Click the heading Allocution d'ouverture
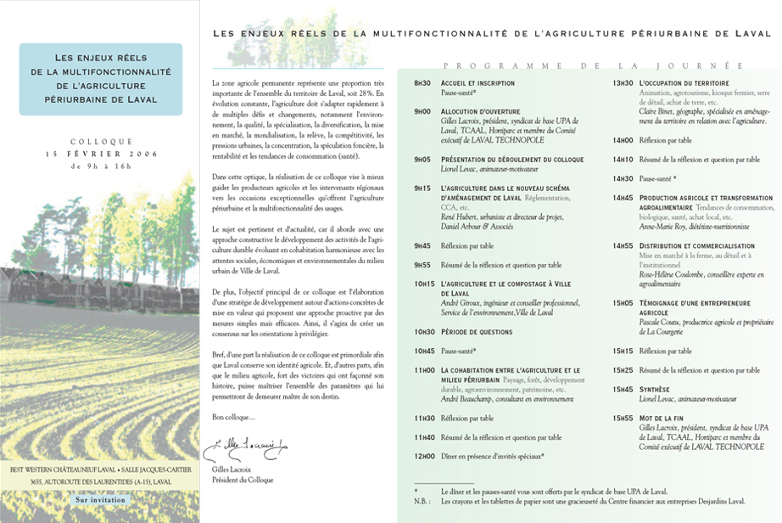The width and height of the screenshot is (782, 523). [x=479, y=111]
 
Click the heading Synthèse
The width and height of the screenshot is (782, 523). [x=655, y=389]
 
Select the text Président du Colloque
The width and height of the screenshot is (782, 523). [x=243, y=480]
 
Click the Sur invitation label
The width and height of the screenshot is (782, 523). [x=100, y=500]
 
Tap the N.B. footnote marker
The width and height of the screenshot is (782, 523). [x=422, y=501]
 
